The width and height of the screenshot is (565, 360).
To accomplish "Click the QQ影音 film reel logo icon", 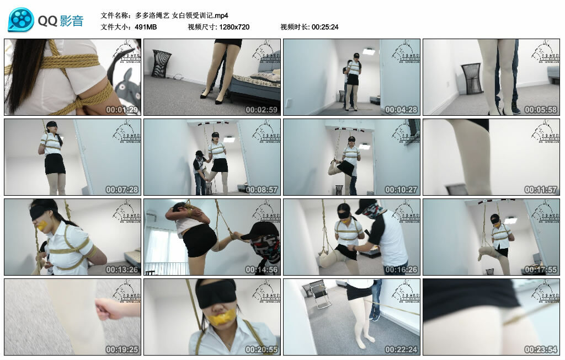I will point(21,20).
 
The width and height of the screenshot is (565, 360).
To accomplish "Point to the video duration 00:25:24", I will point(325,27).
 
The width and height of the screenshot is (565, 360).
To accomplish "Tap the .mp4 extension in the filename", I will point(217,15).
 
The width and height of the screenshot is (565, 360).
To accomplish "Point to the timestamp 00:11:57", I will point(540,190).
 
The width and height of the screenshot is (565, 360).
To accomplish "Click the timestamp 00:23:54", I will point(540,350).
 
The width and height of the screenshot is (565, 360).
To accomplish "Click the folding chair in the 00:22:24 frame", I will point(319,294).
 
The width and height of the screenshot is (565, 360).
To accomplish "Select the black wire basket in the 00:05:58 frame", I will point(471,78).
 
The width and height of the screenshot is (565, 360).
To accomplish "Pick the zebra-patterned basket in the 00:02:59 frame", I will point(161,63).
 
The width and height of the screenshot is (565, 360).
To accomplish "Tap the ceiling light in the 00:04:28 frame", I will point(369,51).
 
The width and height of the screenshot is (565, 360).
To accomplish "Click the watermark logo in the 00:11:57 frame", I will point(544,132).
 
